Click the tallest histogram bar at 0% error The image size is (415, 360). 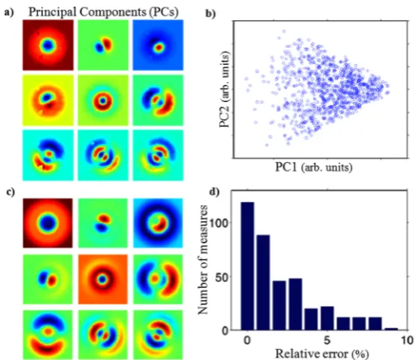coord(247,266)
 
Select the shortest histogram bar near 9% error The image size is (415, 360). coord(391,329)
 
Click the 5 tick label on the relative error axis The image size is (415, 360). coord(327,341)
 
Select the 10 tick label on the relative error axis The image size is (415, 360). coord(407,341)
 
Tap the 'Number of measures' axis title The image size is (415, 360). coord(203,260)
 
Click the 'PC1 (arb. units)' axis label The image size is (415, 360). coord(314,167)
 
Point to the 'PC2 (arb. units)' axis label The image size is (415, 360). coord(225,89)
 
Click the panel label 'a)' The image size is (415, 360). coord(8,13)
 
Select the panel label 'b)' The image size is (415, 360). coord(210,13)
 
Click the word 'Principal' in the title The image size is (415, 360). coord(52,12)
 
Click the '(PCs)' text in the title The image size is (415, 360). coord(163,13)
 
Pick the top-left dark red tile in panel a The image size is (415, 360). coord(48,45)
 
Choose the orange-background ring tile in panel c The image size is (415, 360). coord(103,279)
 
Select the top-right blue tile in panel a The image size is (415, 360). coord(158,45)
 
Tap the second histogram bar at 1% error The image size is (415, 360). coord(263,283)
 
